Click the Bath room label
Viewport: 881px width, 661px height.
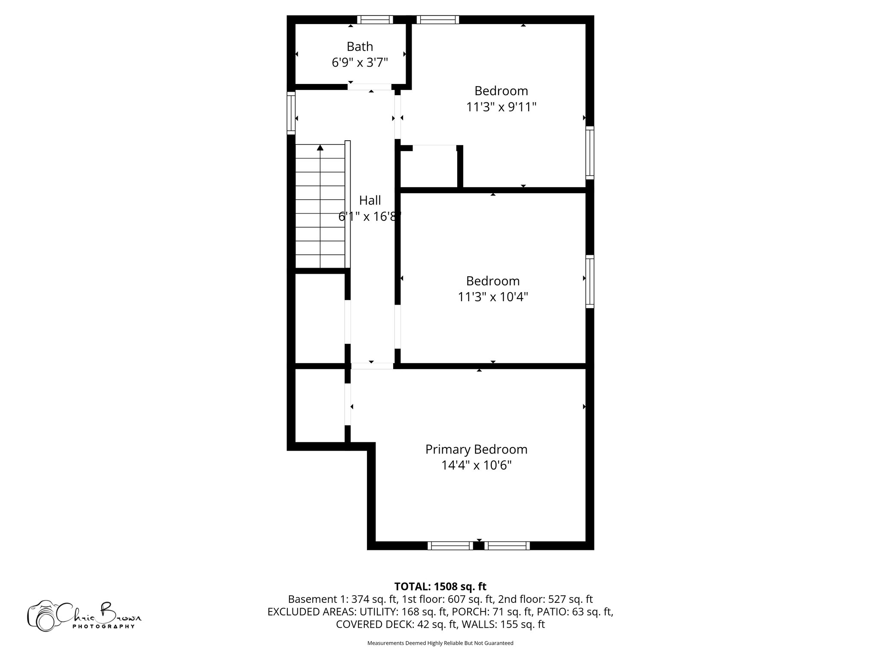click(x=360, y=46)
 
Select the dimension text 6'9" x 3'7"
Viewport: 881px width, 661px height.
click(x=360, y=63)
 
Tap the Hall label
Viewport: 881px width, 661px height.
click(x=370, y=201)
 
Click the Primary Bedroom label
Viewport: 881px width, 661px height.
click(x=476, y=449)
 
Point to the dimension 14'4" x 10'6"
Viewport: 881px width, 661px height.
click(x=476, y=465)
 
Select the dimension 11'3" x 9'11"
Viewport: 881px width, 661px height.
click(x=501, y=107)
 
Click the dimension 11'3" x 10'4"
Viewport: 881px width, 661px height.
click(x=493, y=297)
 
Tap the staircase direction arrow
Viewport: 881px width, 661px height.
click(x=320, y=148)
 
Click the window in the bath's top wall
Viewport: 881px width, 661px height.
click(x=375, y=19)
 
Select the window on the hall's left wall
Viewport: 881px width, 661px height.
click(x=291, y=113)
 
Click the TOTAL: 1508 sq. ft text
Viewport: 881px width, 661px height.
click(x=440, y=587)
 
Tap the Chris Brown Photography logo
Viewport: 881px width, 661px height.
click(x=84, y=616)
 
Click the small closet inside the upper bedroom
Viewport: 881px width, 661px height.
click(x=428, y=168)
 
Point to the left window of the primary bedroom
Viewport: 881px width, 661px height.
click(x=450, y=546)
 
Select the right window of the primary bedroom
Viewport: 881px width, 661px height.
click(x=507, y=546)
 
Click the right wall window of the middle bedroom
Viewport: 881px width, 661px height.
click(x=590, y=281)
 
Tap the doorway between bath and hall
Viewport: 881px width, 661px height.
click(x=370, y=87)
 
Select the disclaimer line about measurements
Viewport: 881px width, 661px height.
click(x=440, y=643)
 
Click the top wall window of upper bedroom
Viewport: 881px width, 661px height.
click(x=438, y=19)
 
